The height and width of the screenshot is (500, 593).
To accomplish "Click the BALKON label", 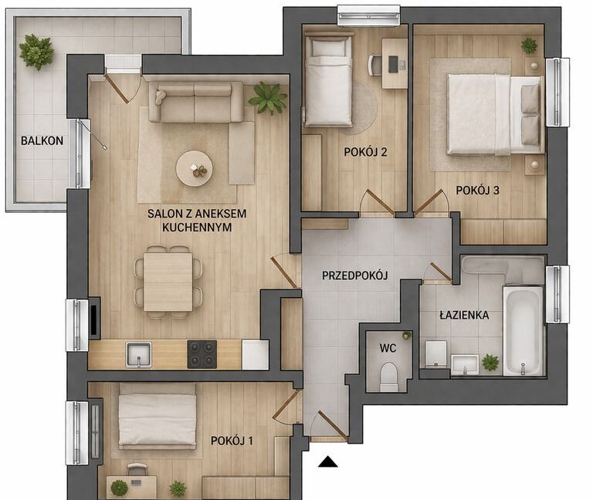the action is tap(42, 140).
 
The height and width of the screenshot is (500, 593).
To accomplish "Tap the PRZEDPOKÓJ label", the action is tap(354, 275).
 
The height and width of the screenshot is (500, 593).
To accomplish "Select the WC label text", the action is tap(388, 348).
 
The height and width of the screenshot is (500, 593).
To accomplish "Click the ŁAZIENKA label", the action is tap(464, 315).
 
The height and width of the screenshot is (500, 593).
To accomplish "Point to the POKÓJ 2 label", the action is tap(365, 152).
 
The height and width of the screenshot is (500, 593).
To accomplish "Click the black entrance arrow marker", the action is tap(327, 462).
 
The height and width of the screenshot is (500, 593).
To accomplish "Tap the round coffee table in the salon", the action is tap(195, 168).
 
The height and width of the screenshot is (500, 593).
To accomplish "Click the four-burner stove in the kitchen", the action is tap(202, 354).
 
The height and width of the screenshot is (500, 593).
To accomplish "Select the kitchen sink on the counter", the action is tap(139, 355).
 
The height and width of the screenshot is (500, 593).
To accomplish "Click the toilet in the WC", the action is tap(389, 377).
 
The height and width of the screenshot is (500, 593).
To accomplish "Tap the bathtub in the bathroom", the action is tap(523, 331).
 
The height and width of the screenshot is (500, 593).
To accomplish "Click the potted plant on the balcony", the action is tap(36, 52).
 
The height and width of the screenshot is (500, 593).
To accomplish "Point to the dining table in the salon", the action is tap(168, 282).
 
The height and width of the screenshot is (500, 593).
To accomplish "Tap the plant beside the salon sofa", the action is tap(268, 97).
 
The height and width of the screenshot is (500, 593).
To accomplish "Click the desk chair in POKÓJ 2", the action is tap(374, 66).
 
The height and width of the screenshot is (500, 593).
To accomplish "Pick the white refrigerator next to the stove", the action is tap(256, 355).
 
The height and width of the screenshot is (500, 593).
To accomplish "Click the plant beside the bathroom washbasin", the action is tap(490, 363).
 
